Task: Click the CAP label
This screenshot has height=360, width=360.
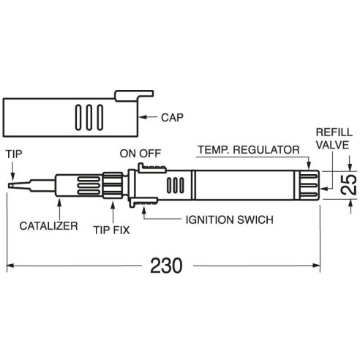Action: coord(172,118)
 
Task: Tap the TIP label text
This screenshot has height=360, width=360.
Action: coord(14,154)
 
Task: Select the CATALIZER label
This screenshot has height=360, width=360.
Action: coord(48,226)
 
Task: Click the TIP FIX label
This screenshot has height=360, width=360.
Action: coord(111,230)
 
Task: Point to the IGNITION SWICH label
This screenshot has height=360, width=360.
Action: coord(230,220)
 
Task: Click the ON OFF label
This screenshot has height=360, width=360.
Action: coord(140,154)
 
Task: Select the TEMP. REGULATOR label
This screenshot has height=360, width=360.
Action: coord(249,150)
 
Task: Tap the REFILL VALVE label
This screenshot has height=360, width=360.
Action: coord(334,138)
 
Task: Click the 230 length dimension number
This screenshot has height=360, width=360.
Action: coord(166,266)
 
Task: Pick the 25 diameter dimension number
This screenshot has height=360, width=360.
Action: coord(349,184)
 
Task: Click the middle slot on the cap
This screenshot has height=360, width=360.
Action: coord(89,117)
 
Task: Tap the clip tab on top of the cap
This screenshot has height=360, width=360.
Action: coord(134,96)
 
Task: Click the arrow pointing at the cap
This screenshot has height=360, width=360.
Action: coord(148,117)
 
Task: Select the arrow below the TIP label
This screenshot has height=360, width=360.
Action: coord(12,172)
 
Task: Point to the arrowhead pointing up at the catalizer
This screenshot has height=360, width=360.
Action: coord(59,201)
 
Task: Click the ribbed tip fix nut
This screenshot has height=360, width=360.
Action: coord(113,185)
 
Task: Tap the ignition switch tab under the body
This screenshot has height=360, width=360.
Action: coord(143,202)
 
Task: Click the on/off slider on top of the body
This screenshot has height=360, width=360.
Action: coord(152,168)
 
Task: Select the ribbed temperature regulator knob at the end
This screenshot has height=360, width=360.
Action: coord(309,185)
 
